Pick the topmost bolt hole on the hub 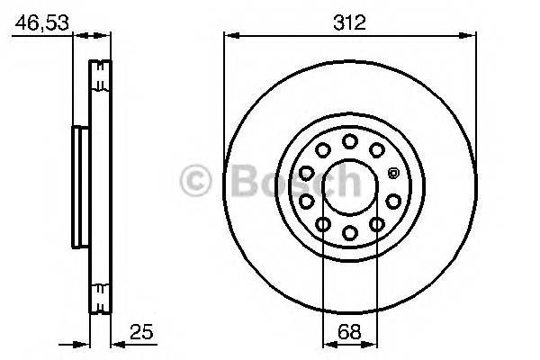[x=349, y=140]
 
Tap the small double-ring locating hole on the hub [x=393, y=172]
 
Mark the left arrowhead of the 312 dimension [x=229, y=36]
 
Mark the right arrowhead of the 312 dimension [x=471, y=36]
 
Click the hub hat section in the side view [x=78, y=186]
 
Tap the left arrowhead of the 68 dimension [x=327, y=342]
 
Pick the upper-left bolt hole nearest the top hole [x=322, y=149]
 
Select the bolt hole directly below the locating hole [x=393, y=200]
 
